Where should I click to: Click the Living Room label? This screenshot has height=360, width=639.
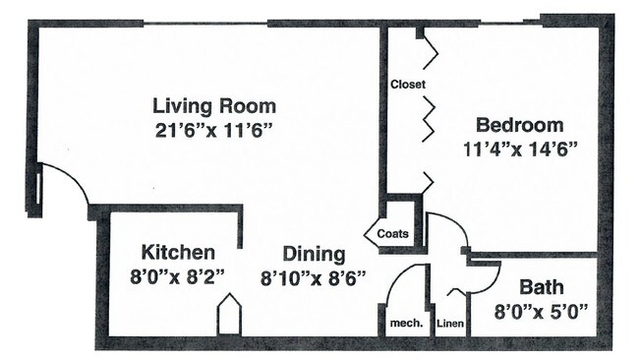(x=214, y=106)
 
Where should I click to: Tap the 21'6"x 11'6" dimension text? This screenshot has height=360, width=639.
(x=213, y=131)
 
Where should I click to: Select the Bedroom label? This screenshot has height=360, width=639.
(x=520, y=125)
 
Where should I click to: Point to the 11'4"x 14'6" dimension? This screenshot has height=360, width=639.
(x=520, y=150)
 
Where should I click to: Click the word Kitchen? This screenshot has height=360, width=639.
(x=178, y=253)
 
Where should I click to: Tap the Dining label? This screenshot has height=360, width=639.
(x=314, y=255)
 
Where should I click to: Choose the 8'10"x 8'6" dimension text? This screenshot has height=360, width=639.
(x=313, y=278)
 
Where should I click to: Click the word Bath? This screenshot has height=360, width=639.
(x=542, y=287)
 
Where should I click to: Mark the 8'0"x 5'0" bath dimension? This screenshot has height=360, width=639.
(x=542, y=312)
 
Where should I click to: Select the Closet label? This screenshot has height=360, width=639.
(x=408, y=85)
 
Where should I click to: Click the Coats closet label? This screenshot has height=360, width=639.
(x=393, y=234)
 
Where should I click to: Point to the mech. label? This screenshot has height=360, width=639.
(x=406, y=324)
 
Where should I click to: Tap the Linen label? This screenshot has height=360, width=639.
(x=450, y=324)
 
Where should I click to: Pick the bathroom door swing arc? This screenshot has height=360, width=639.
(x=493, y=285)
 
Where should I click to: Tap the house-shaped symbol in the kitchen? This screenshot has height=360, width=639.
(x=229, y=314)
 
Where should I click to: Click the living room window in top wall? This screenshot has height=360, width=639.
(x=205, y=24)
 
